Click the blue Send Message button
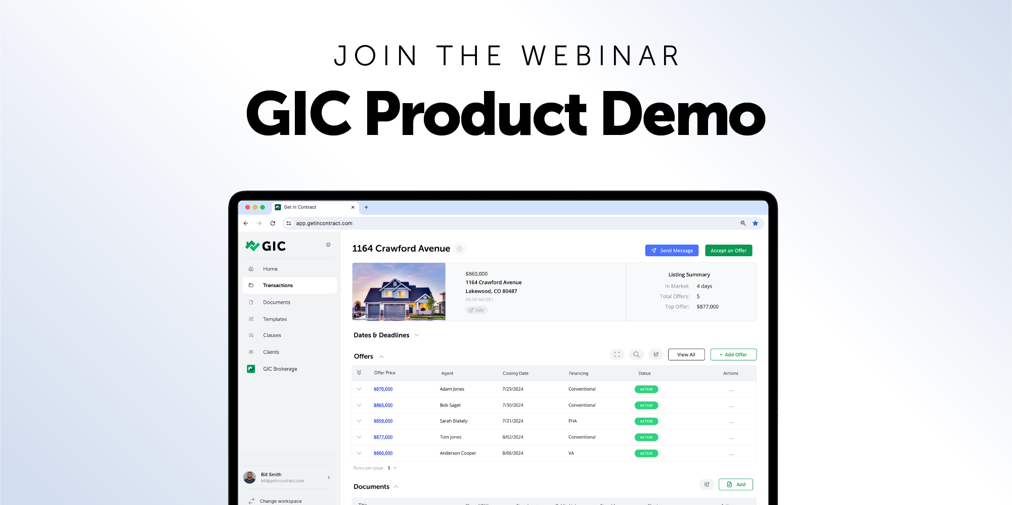coord(671,251)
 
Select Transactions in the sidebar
coord(278,286)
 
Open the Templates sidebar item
coord(275,319)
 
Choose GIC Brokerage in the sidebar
coord(280,369)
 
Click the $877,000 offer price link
coord(383,437)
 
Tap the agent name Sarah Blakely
coord(453,421)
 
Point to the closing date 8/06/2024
coord(512,453)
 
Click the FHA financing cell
coord(573,421)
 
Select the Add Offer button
coord(733,355)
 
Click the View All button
coord(686,355)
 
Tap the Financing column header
coord(578,374)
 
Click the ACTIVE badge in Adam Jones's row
coord(646,389)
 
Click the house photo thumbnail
coord(399,292)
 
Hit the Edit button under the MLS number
coord(476,310)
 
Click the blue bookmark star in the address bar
coord(755,223)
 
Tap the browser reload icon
coord(273,223)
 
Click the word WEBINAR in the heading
coord(601,56)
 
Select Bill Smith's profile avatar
coord(250,477)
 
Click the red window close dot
coord(247,207)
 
